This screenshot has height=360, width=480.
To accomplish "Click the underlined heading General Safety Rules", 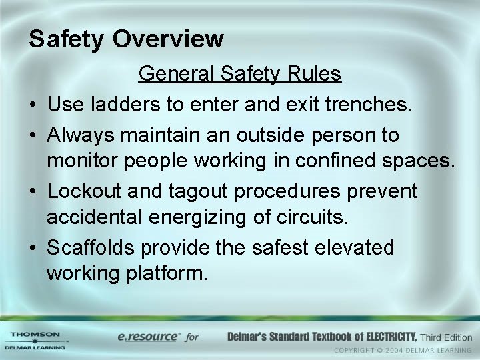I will (240, 74).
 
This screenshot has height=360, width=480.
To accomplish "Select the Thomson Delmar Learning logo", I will (35, 340).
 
